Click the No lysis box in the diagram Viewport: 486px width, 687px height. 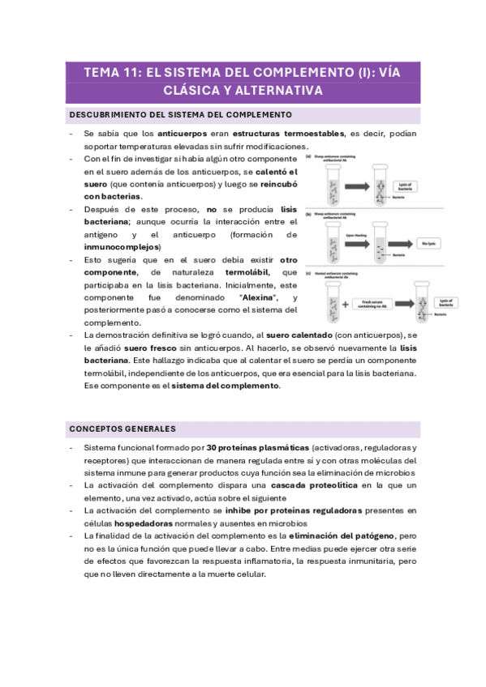point(428,242)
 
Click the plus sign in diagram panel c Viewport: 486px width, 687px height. point(343,305)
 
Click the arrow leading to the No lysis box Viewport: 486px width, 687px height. point(401,242)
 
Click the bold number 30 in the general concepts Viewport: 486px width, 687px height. point(211,447)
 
